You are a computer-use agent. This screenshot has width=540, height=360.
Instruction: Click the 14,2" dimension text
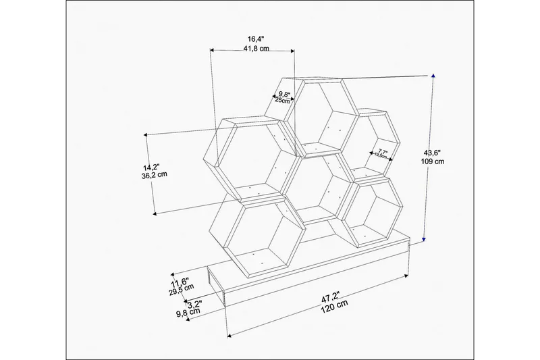click(x=151, y=165)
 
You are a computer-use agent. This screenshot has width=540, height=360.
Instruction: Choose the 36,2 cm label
click(x=151, y=175)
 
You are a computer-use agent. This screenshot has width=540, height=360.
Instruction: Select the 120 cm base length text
click(x=333, y=306)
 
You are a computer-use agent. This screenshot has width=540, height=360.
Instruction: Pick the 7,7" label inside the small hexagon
click(x=383, y=152)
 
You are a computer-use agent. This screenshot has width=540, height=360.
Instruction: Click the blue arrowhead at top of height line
click(x=433, y=76)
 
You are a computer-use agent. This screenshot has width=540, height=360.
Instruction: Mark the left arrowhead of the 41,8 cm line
click(x=213, y=50)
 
